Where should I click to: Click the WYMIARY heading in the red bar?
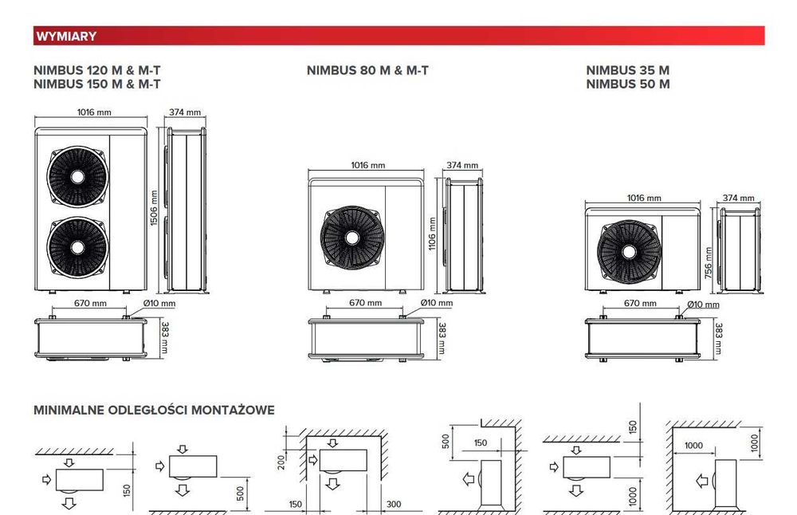(65, 36)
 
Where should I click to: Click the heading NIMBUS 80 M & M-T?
(367, 70)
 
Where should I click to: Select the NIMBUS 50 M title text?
(627, 84)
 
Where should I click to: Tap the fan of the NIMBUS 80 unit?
(351, 237)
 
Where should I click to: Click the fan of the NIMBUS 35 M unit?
(630, 251)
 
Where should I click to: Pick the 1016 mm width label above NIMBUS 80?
(367, 166)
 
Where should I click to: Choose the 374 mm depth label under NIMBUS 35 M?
(737, 198)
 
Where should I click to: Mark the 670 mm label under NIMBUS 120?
(90, 304)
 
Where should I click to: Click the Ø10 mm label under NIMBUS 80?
(436, 303)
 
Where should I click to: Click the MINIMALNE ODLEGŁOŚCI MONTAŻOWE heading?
(154, 410)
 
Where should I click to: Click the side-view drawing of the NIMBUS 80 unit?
(465, 235)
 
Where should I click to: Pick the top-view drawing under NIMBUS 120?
(91, 337)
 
